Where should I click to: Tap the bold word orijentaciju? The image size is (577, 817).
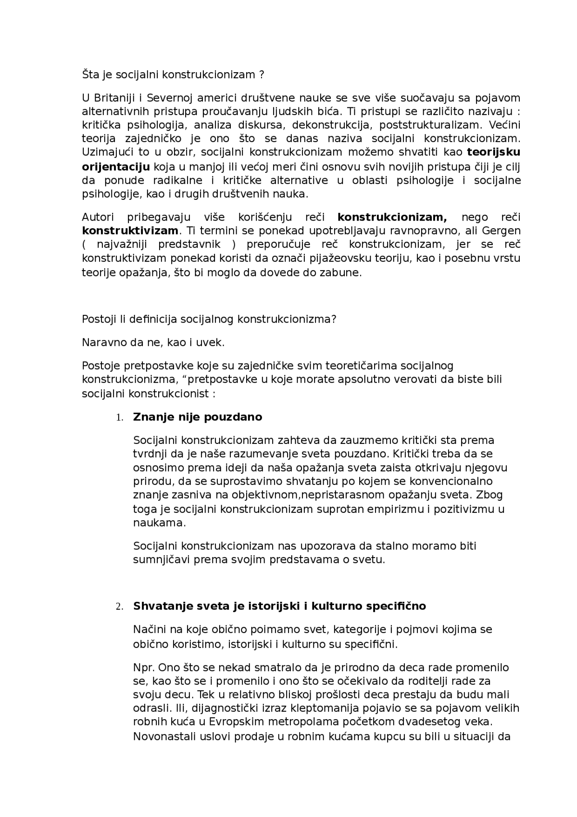point(116,167)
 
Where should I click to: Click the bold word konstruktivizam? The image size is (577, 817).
point(130,231)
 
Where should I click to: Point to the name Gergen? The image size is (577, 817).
point(501,231)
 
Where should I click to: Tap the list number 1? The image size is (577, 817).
point(119,418)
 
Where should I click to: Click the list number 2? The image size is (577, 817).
point(119,607)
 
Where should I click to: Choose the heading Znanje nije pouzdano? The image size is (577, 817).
point(197,417)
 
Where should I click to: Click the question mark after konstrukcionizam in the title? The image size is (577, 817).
point(261,74)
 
